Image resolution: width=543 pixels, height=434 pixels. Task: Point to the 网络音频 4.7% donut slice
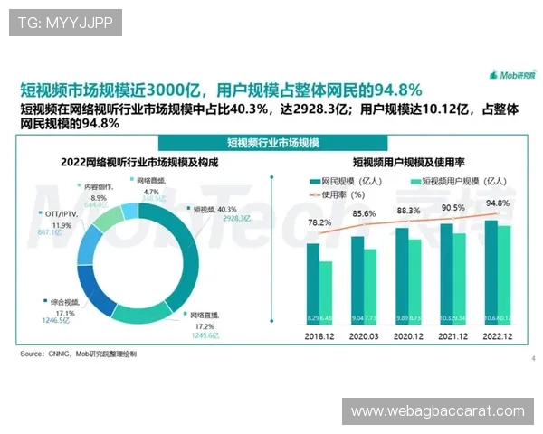130,212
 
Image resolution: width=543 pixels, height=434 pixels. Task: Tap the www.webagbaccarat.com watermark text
437,411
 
